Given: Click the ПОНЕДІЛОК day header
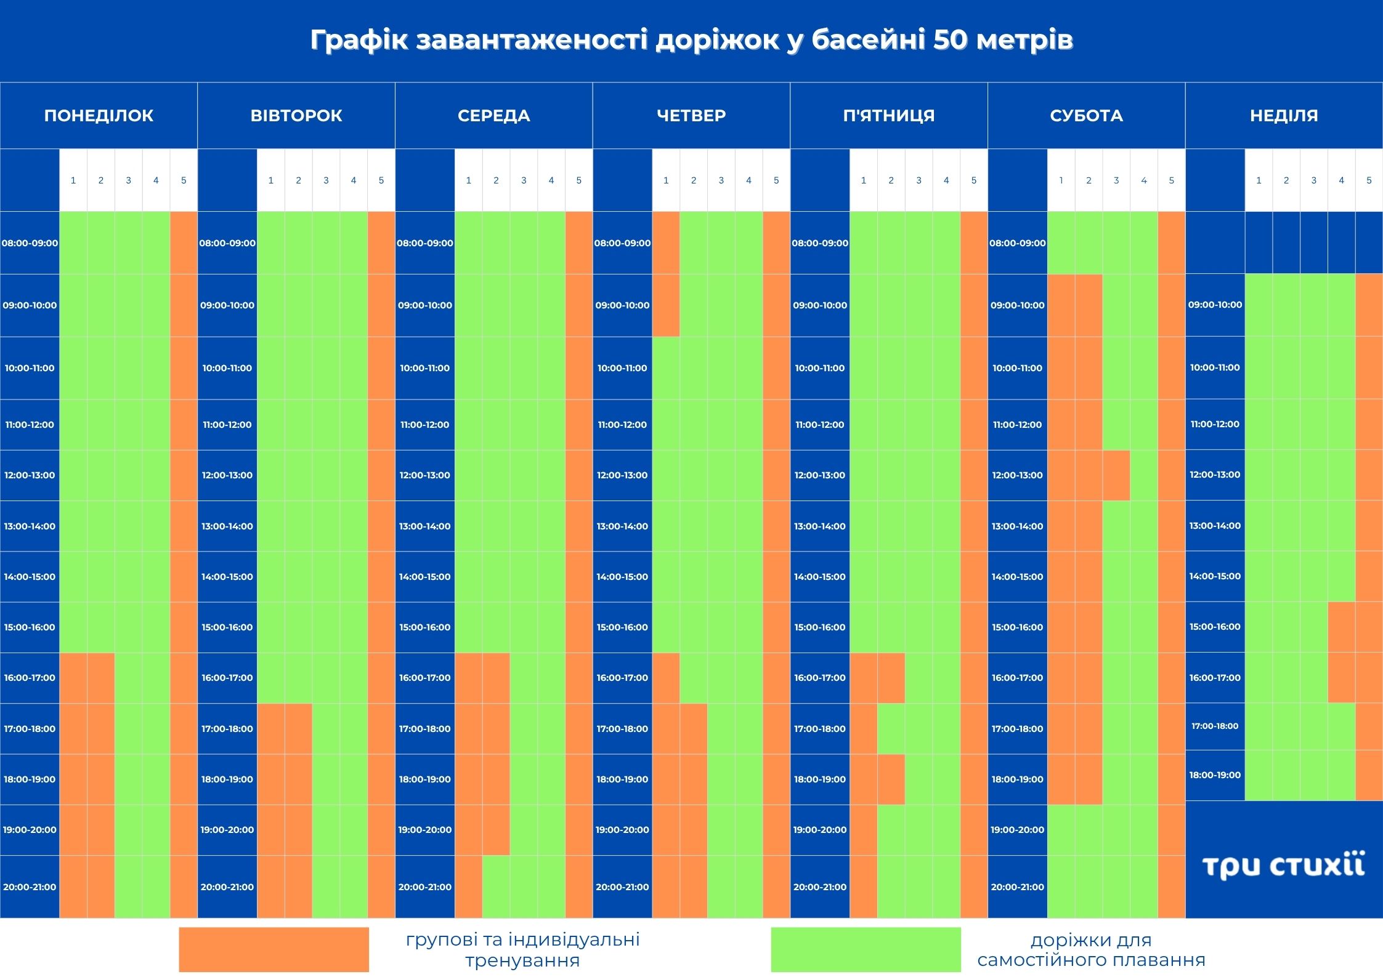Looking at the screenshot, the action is pyautogui.click(x=99, y=115).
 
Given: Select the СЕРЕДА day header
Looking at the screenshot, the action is pyautogui.click(x=493, y=115).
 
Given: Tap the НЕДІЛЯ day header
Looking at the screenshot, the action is pyautogui.click(x=1284, y=115).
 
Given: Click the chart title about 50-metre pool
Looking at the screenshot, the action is pyautogui.click(x=691, y=39).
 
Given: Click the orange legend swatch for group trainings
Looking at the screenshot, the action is pyautogui.click(x=274, y=949).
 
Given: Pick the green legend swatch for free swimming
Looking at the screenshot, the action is pyautogui.click(x=866, y=949).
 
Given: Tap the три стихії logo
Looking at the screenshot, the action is pyautogui.click(x=1284, y=865).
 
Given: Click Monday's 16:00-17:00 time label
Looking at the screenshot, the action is pyautogui.click(x=30, y=678).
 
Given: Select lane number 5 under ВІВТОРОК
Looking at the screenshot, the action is pyautogui.click(x=381, y=180).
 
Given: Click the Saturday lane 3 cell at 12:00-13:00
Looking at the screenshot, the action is pyautogui.click(x=1116, y=475).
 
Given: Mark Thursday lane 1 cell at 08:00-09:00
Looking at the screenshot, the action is pyautogui.click(x=666, y=243).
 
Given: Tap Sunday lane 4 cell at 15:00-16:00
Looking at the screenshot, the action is pyautogui.click(x=1342, y=627).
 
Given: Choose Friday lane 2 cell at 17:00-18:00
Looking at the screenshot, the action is pyautogui.click(x=891, y=729).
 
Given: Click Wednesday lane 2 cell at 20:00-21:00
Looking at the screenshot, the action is pyautogui.click(x=496, y=887).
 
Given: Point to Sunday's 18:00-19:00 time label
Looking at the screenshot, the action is pyautogui.click(x=1215, y=775).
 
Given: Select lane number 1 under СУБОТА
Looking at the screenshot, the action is pyautogui.click(x=1061, y=180).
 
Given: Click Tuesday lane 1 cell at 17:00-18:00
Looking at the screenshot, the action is pyautogui.click(x=270, y=729).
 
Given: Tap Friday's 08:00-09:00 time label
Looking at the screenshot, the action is pyautogui.click(x=820, y=243).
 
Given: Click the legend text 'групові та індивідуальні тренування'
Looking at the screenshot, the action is pyautogui.click(x=522, y=949).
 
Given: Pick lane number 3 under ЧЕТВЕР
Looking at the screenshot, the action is pyautogui.click(x=721, y=180).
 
